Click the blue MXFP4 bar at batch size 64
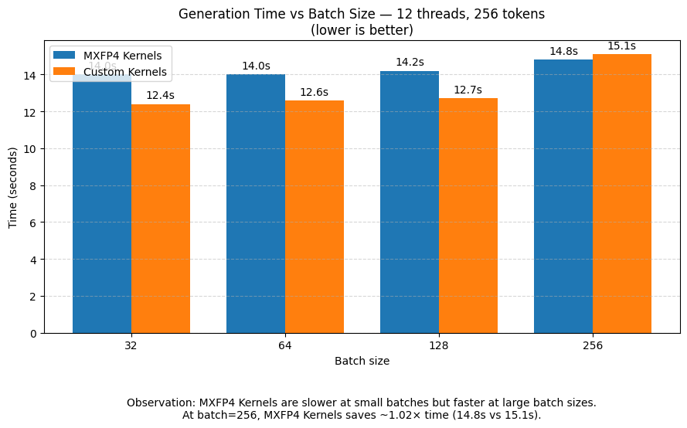256,204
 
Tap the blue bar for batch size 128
410,202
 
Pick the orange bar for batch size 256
622,194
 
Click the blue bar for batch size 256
563,196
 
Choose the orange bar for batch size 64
315,217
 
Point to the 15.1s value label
621,46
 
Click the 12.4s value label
160,96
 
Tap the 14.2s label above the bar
410,63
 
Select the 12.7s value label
468,90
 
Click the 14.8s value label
563,52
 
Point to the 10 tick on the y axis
32,149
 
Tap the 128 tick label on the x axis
438,346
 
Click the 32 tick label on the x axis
131,346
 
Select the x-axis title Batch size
362,361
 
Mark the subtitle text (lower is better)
362,31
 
